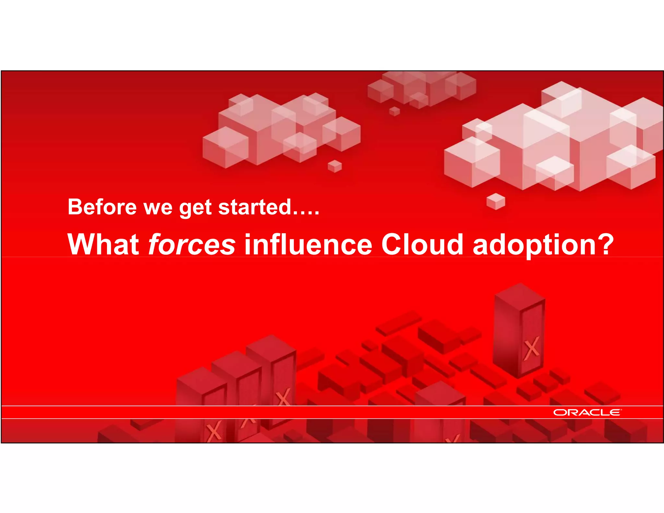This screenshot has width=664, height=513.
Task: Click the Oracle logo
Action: point(587,412)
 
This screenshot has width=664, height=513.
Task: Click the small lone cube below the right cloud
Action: point(496,201)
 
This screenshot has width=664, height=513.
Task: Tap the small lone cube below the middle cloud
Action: point(335,166)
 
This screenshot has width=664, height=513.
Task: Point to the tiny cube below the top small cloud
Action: point(394,111)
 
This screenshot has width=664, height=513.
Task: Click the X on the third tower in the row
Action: point(283,397)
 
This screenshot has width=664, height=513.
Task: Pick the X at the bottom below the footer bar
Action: point(214,431)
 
